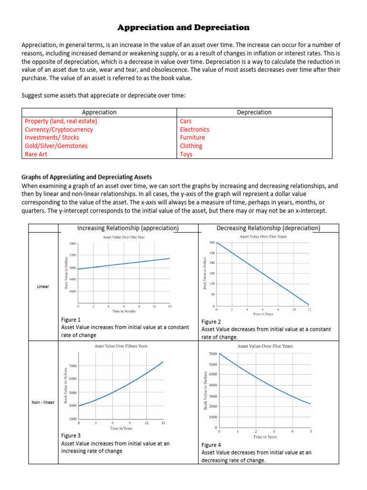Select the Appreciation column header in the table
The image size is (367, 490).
click(99, 112)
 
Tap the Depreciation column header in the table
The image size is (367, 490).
click(254, 112)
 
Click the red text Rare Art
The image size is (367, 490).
click(43, 154)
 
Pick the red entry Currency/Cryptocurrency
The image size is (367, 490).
click(59, 129)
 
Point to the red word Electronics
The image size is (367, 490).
click(194, 129)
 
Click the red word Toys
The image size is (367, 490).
click(186, 154)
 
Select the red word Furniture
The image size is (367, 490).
click(192, 137)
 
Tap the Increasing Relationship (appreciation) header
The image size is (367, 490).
click(128, 228)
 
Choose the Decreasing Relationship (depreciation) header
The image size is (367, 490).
click(268, 228)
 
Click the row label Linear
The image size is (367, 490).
click(43, 287)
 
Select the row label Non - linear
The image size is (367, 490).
click(43, 402)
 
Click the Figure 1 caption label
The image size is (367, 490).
click(71, 320)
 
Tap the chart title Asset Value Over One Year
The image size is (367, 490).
click(124, 237)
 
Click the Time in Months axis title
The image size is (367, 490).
click(124, 311)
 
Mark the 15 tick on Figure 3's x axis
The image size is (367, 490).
click(163, 423)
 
